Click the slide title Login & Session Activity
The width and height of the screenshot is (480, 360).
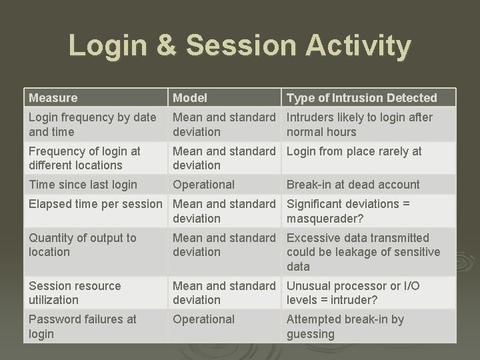(240, 47)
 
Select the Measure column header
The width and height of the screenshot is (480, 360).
(53, 98)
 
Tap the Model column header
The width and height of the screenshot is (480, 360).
(190, 98)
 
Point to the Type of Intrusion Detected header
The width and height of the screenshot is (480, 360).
(362, 98)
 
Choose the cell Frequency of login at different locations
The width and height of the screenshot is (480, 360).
(85, 158)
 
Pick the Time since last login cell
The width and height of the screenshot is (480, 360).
(83, 185)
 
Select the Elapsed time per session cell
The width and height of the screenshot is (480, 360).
(95, 204)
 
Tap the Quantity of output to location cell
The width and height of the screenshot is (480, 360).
(82, 245)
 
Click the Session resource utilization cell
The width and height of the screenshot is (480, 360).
(75, 293)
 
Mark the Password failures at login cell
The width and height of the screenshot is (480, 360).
(82, 326)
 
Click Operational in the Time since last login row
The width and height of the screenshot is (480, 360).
(204, 185)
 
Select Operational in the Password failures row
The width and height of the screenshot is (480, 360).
(204, 319)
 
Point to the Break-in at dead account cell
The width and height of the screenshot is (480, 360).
(353, 185)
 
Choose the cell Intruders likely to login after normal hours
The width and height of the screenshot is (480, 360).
(359, 125)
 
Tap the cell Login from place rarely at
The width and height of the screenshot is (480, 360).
(354, 151)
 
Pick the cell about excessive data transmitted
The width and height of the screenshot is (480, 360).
(363, 252)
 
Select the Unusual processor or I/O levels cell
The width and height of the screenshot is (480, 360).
(353, 293)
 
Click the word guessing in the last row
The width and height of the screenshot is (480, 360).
(311, 334)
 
